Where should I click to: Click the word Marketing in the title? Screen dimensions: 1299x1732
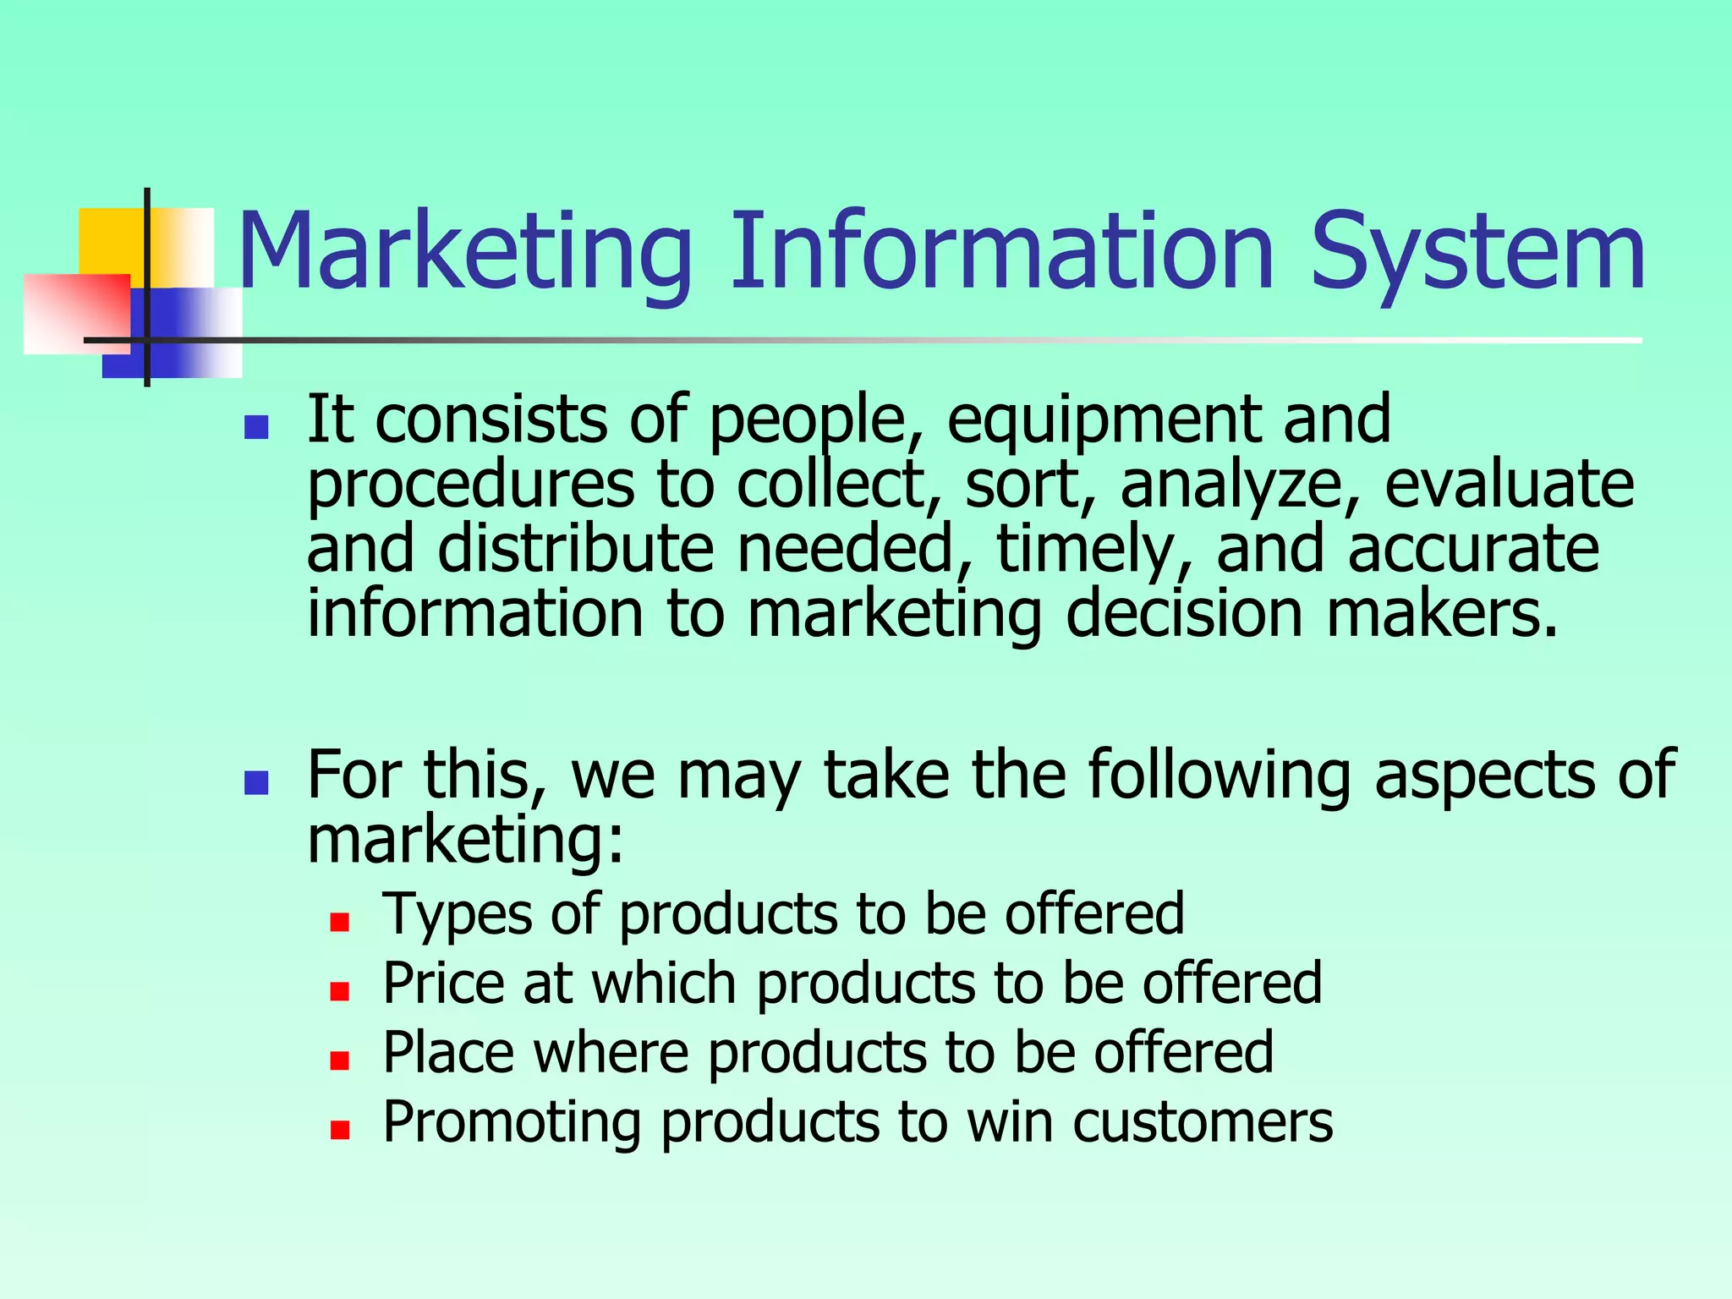465,252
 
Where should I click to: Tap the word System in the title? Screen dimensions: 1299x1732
1477,252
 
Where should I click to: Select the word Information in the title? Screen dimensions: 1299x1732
1001,250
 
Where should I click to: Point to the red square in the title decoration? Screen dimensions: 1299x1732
76,313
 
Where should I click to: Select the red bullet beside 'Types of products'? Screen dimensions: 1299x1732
340,922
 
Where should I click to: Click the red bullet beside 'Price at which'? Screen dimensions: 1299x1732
340,991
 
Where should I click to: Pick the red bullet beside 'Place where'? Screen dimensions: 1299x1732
340,1061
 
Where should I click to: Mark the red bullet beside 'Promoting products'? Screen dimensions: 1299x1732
340,1130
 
